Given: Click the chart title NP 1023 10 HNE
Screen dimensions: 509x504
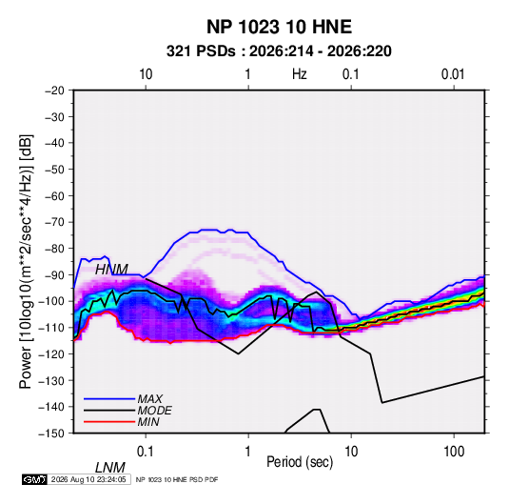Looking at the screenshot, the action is (279, 27).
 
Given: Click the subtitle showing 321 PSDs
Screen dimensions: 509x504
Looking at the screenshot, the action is (279, 51).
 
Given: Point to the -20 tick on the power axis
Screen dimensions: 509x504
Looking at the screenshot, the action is (54, 91).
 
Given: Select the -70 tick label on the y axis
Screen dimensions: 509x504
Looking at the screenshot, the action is (54, 222).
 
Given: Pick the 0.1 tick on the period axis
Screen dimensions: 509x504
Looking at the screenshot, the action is (146, 452).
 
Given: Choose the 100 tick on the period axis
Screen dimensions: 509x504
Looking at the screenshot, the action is (454, 452).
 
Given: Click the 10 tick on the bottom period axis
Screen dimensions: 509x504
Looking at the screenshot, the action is (350, 452).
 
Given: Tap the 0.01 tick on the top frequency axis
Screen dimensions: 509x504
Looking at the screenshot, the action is (453, 74).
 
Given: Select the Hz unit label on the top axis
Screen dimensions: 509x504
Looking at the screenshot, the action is (300, 74).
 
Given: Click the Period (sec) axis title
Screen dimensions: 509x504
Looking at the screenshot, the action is (300, 462).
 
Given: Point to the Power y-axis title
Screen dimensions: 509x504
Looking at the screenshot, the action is (26, 262).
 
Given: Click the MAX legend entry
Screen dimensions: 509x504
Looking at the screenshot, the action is (149, 398).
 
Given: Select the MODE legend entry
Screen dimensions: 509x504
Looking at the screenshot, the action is (154, 411).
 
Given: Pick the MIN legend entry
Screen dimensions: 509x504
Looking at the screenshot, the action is (148, 422).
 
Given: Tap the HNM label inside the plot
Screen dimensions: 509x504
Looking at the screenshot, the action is (111, 270).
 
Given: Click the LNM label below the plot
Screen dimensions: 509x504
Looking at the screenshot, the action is (110, 468).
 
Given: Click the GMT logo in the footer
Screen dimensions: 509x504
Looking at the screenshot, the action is (35, 479).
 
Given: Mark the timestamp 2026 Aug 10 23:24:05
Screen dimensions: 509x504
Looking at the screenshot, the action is (88, 479).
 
